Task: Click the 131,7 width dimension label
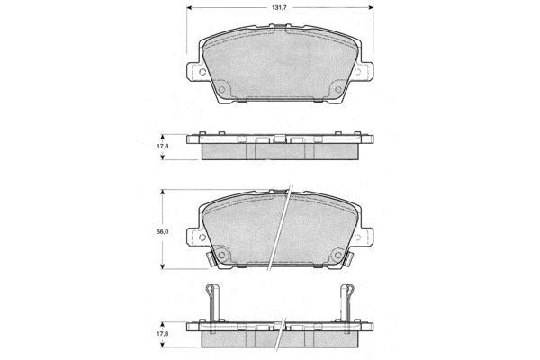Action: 279,7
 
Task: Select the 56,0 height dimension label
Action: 163,232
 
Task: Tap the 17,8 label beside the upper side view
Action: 163,146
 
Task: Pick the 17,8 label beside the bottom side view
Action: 163,334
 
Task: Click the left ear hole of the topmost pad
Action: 202,72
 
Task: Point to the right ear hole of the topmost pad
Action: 357,72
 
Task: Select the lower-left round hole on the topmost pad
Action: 221,90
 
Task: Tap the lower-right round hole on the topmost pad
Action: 338,90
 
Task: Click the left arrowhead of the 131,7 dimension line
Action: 190,7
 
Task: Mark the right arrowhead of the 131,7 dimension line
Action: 371,7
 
